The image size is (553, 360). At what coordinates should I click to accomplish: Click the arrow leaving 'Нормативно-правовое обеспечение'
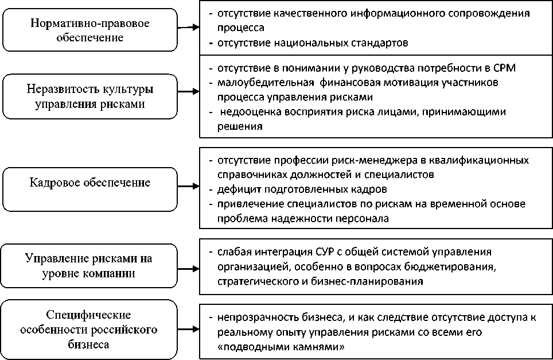click(189, 27)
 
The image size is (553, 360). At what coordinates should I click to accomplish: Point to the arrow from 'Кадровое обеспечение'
click(189, 187)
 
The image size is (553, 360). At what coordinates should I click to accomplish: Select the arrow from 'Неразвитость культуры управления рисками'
click(189, 96)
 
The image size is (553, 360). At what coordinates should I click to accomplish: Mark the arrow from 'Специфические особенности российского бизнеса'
click(189, 328)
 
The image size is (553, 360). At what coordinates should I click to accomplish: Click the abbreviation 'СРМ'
click(504, 68)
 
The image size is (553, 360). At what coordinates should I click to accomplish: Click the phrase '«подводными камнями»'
click(281, 347)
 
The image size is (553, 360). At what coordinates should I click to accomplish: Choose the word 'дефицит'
click(233, 189)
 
